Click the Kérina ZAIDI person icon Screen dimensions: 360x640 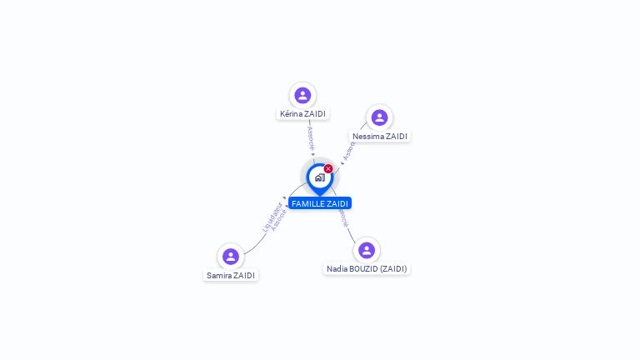tap(302, 95)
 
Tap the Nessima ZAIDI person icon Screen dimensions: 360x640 tap(379, 117)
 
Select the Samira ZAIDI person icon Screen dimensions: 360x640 tap(231, 257)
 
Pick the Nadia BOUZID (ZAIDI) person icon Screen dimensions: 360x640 tap(367, 250)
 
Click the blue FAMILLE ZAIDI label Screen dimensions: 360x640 tap(320, 203)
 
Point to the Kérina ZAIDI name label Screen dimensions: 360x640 tap(302, 114)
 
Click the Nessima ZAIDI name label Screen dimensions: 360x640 tap(380, 136)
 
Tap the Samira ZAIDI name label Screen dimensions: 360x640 tap(231, 275)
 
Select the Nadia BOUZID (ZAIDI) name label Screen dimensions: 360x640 tap(367, 268)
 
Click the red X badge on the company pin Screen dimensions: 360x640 tap(328, 168)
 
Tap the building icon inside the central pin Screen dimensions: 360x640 tap(319, 177)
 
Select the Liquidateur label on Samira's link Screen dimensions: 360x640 tap(272, 216)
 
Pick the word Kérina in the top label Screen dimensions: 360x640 tap(291, 114)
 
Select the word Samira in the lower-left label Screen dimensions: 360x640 tap(218, 275)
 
